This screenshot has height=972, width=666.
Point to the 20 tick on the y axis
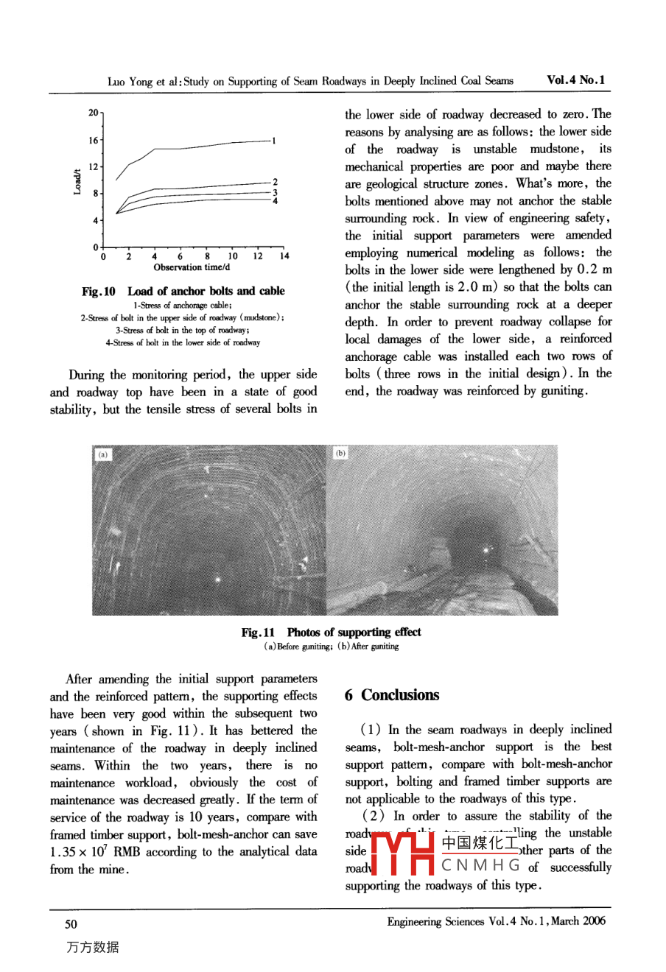(94, 113)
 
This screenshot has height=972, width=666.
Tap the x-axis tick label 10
(233, 256)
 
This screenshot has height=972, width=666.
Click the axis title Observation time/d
(192, 267)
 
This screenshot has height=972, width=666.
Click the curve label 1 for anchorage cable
(273, 141)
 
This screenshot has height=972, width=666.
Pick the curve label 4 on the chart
(275, 200)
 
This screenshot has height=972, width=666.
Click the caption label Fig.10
(99, 292)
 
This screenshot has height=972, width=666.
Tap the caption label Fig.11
(258, 633)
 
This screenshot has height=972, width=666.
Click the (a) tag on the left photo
(103, 454)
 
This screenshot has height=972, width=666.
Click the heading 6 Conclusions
(391, 695)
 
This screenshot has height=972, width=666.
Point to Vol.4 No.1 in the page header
(575, 80)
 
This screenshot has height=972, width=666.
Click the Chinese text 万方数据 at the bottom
(92, 948)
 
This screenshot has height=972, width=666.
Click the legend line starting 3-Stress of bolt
(183, 330)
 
